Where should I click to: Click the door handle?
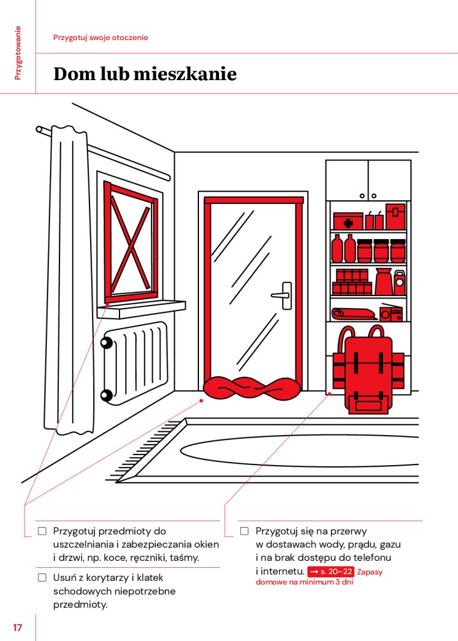[x=282, y=295]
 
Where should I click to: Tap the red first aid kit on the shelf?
[x=348, y=221]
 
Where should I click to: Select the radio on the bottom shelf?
[x=391, y=313]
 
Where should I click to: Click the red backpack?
[x=369, y=370]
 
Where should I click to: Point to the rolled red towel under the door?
[x=252, y=388]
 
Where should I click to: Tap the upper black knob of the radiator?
[x=107, y=342]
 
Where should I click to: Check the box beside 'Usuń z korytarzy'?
[x=42, y=578]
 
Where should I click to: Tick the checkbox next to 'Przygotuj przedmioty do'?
[x=42, y=531]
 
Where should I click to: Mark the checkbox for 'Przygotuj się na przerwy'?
[x=244, y=531]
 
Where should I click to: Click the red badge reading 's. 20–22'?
[x=330, y=572]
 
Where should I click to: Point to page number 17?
[x=17, y=627]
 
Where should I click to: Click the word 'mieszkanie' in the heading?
[x=185, y=74]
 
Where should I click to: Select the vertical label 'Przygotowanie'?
[x=18, y=53]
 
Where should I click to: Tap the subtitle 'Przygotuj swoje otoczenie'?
[x=101, y=38]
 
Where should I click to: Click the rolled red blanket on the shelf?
[x=354, y=314]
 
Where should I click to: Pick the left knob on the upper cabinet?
[x=362, y=196]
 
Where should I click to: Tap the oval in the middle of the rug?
[x=300, y=451]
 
